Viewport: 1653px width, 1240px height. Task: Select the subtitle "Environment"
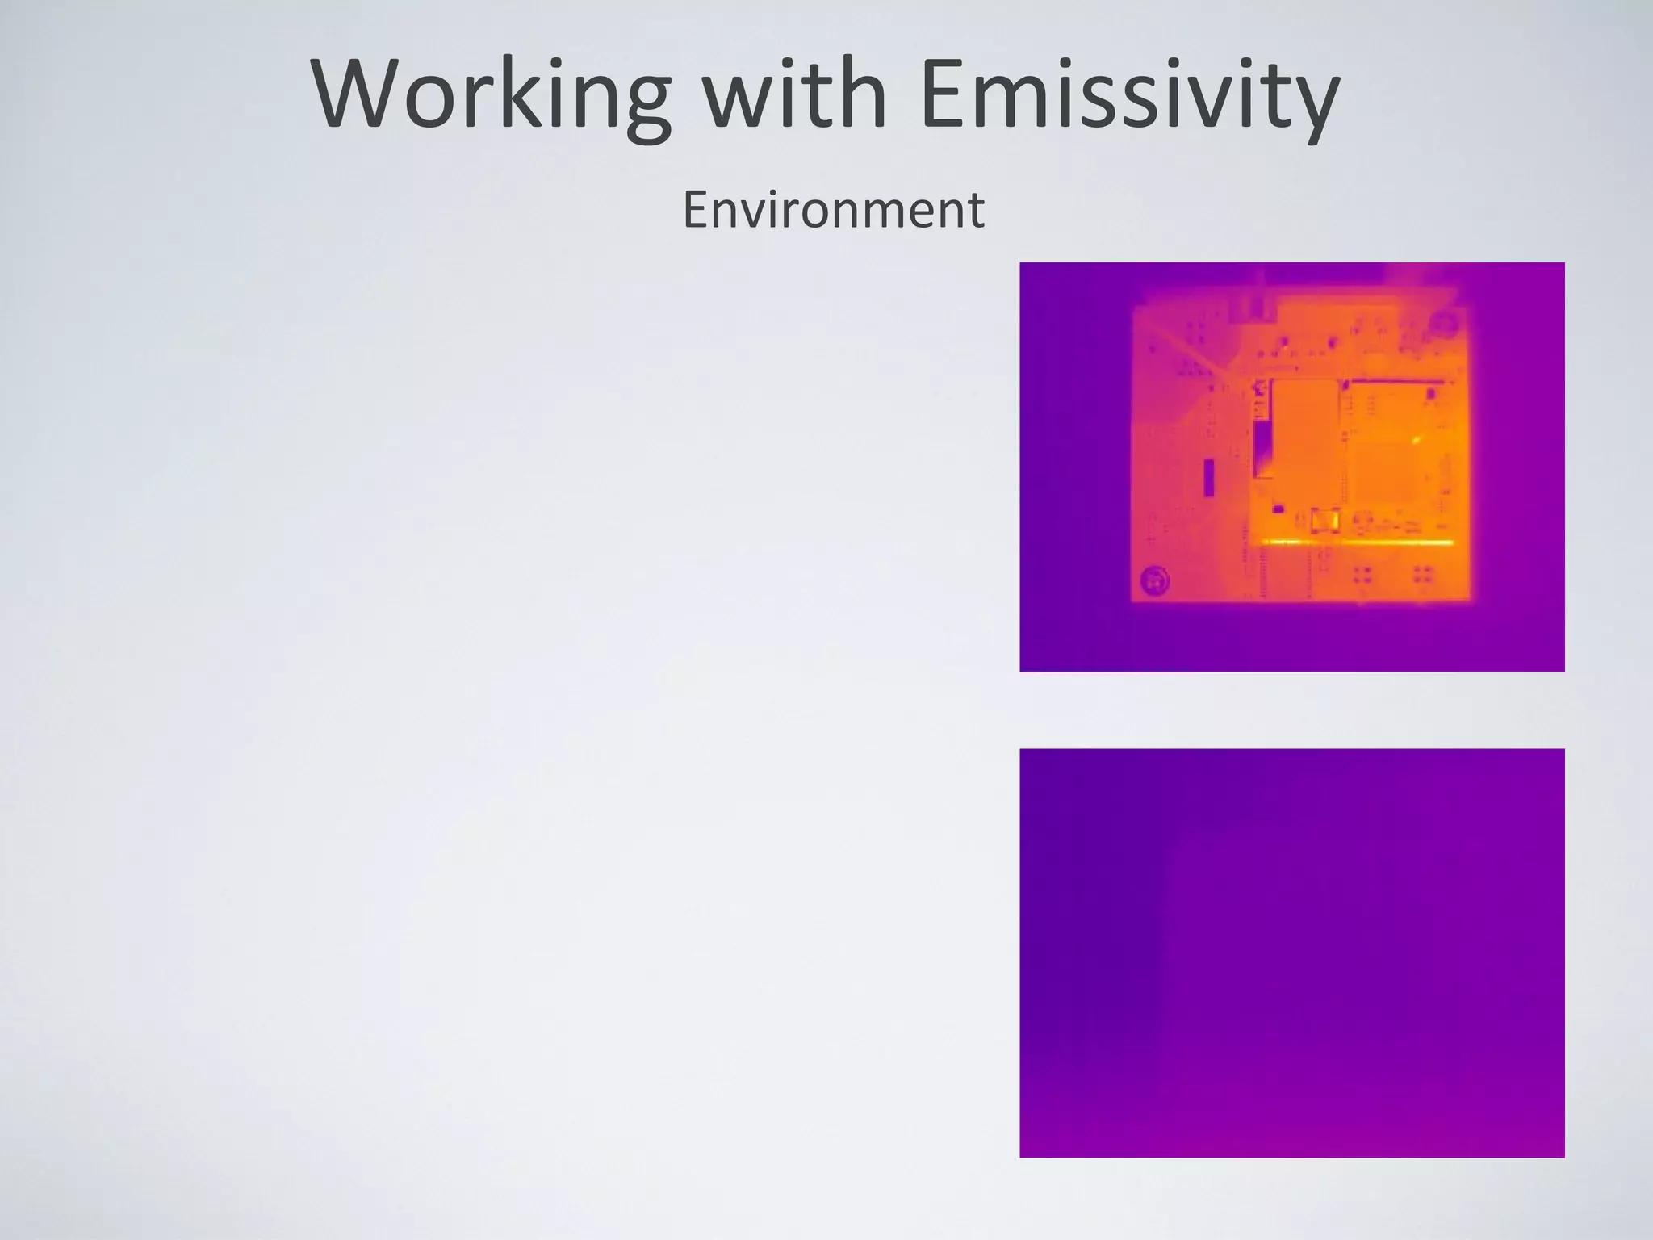click(833, 210)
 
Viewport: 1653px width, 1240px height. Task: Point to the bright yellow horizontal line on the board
click(1356, 542)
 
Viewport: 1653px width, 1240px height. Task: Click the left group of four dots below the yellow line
click(1362, 574)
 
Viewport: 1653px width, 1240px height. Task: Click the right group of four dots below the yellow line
click(1423, 574)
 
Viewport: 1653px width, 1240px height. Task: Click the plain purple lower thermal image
click(1291, 953)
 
